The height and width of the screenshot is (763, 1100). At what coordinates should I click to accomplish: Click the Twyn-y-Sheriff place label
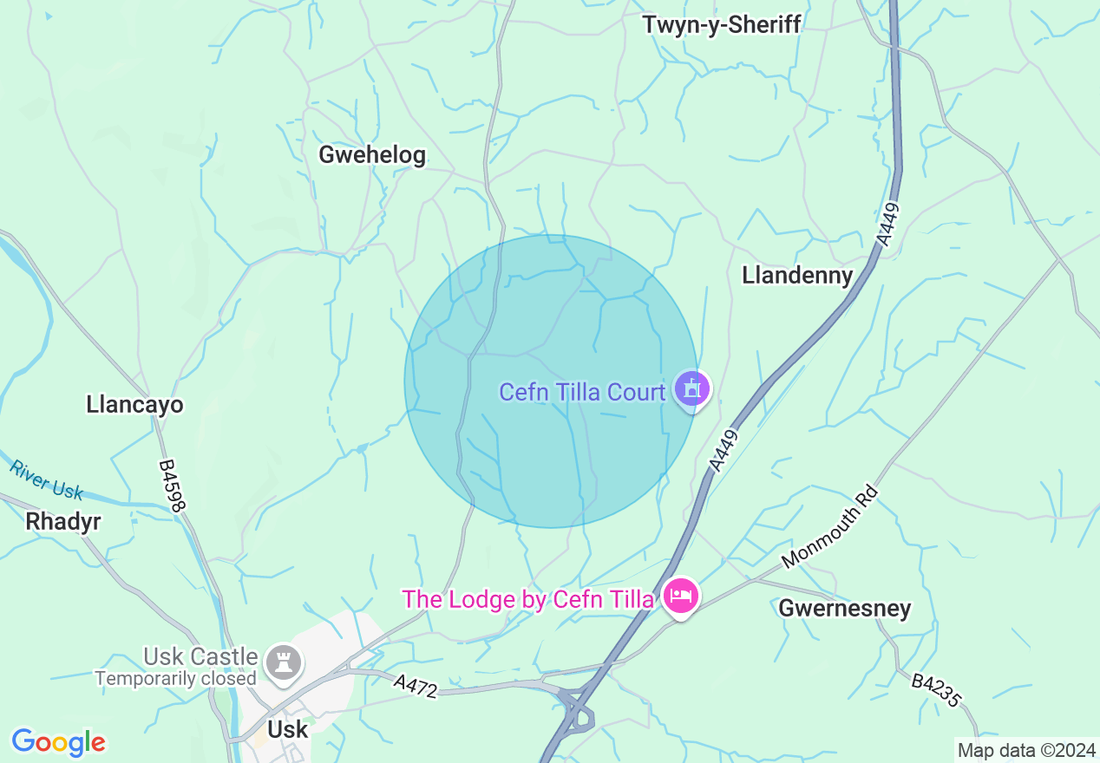pyautogui.click(x=721, y=24)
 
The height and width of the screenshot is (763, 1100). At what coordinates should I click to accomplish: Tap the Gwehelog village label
pyautogui.click(x=372, y=155)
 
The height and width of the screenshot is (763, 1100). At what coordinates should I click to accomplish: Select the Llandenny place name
pyautogui.click(x=797, y=275)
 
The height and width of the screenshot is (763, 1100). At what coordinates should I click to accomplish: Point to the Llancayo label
pyautogui.click(x=134, y=404)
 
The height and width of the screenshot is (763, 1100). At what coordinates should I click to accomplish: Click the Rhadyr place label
pyautogui.click(x=63, y=521)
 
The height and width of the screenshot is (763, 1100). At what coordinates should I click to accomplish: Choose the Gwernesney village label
pyautogui.click(x=844, y=608)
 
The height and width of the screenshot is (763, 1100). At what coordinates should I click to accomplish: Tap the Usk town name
pyautogui.click(x=287, y=729)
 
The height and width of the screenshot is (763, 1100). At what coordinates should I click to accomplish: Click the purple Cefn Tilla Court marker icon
pyautogui.click(x=691, y=388)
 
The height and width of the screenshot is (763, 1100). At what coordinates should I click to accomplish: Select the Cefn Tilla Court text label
pyautogui.click(x=582, y=392)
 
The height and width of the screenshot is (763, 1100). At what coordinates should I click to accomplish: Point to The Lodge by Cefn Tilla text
pyautogui.click(x=529, y=599)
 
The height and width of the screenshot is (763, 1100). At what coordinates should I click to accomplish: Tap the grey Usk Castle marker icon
pyautogui.click(x=284, y=662)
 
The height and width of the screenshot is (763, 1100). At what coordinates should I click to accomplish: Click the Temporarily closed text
pyautogui.click(x=176, y=679)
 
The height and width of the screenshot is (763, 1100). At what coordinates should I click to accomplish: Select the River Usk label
pyautogui.click(x=46, y=479)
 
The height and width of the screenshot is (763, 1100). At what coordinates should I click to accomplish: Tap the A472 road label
pyautogui.click(x=415, y=685)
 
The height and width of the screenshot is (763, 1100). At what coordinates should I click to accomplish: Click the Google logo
pyautogui.click(x=58, y=742)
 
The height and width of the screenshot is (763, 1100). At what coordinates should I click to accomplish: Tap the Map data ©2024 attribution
pyautogui.click(x=1025, y=750)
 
